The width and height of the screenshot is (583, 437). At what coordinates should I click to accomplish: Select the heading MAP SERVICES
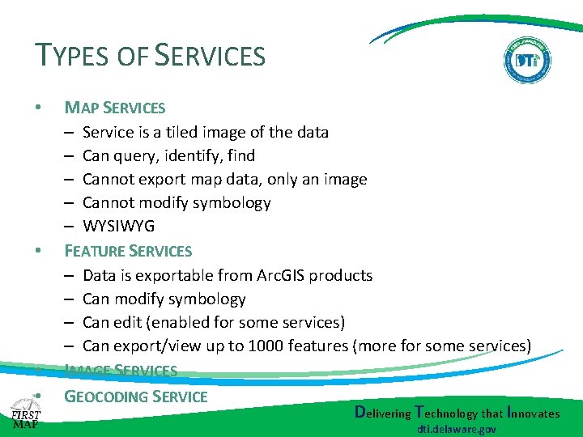point(114,108)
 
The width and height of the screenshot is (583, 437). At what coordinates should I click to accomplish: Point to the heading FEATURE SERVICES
point(128,251)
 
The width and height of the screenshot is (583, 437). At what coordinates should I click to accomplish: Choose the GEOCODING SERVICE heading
point(136,397)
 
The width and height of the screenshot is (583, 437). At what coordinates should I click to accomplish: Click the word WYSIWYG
point(118,226)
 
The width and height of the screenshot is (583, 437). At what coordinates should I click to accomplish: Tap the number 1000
point(266,346)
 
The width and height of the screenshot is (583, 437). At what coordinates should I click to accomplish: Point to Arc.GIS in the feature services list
point(282,275)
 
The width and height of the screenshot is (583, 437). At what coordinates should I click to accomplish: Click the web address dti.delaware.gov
point(457,429)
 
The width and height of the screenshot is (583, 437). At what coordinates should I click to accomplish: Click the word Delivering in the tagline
point(383,413)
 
